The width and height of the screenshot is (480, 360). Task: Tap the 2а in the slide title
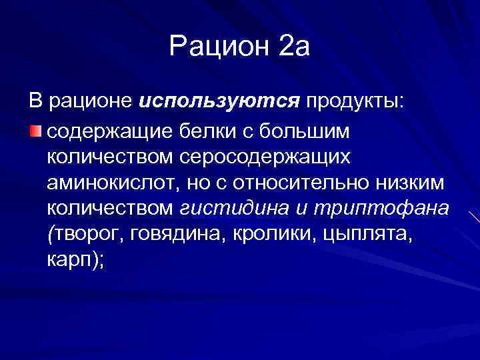click(293, 46)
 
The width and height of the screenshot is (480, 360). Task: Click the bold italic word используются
click(219, 101)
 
